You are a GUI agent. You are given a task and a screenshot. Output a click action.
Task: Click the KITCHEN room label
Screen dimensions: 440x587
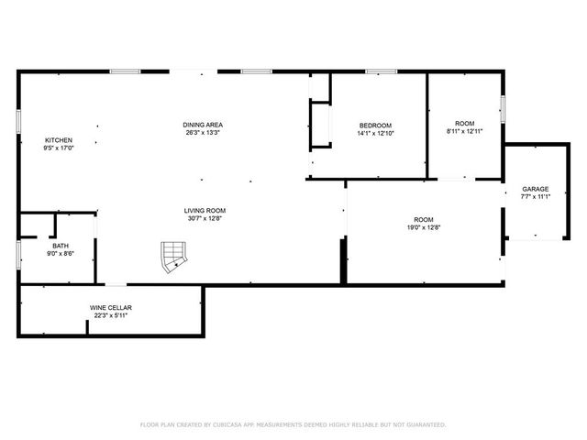click(59, 140)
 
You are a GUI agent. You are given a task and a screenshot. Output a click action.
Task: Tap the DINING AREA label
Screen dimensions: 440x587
click(204, 125)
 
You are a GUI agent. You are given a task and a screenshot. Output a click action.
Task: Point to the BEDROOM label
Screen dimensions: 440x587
click(375, 126)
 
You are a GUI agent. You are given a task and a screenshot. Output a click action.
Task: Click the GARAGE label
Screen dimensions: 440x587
click(536, 189)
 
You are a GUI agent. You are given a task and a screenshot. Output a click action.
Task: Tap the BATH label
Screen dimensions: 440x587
click(61, 246)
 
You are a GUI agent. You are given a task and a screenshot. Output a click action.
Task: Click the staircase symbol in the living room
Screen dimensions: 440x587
click(172, 258)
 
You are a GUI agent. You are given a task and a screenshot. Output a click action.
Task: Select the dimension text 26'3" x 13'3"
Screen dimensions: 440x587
click(204, 133)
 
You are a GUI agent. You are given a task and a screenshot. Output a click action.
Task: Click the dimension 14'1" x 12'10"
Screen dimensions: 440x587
click(375, 134)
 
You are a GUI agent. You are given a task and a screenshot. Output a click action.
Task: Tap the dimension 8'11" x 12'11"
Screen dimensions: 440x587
click(465, 131)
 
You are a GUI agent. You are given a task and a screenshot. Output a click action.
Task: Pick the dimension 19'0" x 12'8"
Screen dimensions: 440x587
click(423, 227)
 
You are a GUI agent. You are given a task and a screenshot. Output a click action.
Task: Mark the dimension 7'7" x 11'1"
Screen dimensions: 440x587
click(536, 196)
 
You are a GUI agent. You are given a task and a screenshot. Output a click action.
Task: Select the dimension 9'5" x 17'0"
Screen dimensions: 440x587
click(59, 148)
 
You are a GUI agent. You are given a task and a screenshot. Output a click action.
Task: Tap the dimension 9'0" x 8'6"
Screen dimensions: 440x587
click(61, 254)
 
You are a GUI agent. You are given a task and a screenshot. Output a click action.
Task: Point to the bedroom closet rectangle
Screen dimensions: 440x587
click(320, 124)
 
